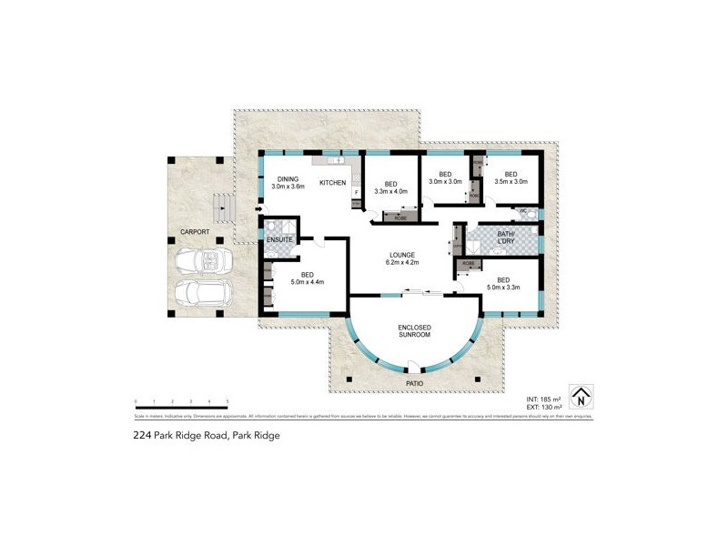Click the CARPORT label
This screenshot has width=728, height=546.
pos(195,232)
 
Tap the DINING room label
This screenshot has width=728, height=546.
pos(288,179)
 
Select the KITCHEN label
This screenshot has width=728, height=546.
pos(332,184)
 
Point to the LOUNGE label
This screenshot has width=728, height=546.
pos(402,255)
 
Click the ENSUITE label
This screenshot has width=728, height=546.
pos(278,238)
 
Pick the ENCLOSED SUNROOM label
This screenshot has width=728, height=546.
pos(414,331)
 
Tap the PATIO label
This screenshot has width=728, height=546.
pos(414,383)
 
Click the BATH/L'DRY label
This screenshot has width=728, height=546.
pos(500,238)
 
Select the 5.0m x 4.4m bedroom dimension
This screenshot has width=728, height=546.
pos(308,282)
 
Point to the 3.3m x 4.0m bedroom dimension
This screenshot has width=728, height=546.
pos(391,191)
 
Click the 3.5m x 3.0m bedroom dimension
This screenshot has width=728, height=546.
pos(511,182)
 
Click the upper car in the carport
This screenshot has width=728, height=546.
pos(201,261)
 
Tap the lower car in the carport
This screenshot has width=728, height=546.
pos(202,293)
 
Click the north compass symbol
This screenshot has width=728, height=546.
pos(580,397)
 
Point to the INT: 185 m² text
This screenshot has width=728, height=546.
pos(544,399)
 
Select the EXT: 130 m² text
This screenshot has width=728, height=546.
pos(544,409)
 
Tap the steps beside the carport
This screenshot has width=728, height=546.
pos(223,209)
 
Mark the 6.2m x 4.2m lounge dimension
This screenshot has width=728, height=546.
pos(402,264)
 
